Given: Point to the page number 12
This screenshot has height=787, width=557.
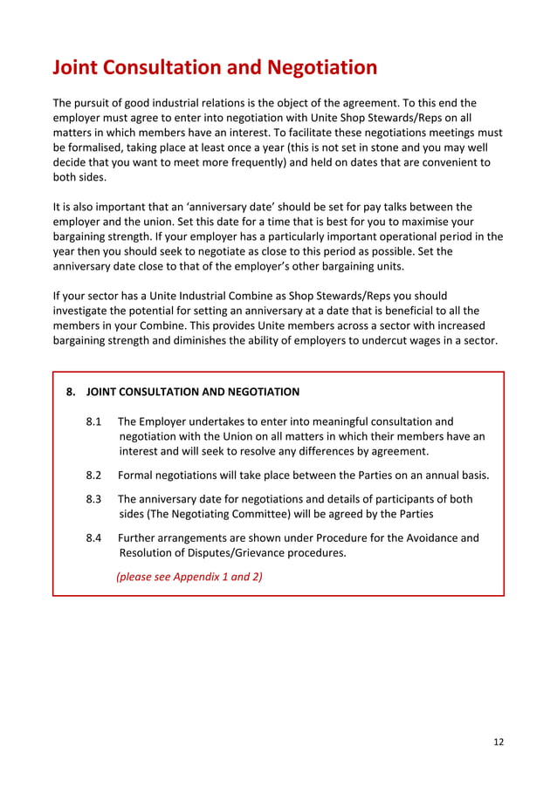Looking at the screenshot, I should tap(499, 743).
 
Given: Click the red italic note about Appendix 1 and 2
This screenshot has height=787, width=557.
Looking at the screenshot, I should tap(189, 577).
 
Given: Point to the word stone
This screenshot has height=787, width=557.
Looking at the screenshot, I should tap(395, 147).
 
